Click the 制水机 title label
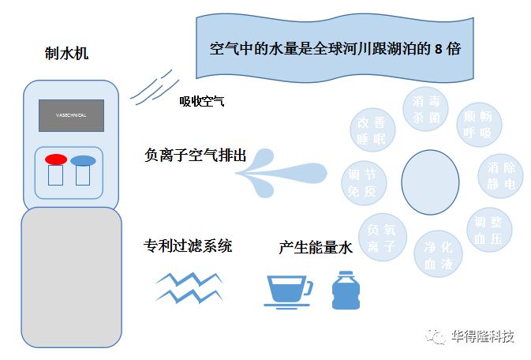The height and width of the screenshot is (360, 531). click(x=67, y=54)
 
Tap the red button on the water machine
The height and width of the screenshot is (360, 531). click(x=56, y=160)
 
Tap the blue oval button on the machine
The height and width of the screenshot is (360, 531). click(x=83, y=161)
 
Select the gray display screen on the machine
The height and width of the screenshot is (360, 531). click(x=72, y=115)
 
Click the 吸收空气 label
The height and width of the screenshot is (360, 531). click(x=202, y=101)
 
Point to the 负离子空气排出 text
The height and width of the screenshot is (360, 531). click(x=196, y=156)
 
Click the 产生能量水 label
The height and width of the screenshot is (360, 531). click(x=315, y=247)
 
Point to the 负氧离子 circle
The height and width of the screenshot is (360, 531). click(x=382, y=238)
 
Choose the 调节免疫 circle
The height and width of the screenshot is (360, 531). click(x=364, y=182)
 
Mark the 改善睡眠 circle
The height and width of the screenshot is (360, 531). click(x=372, y=132)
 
